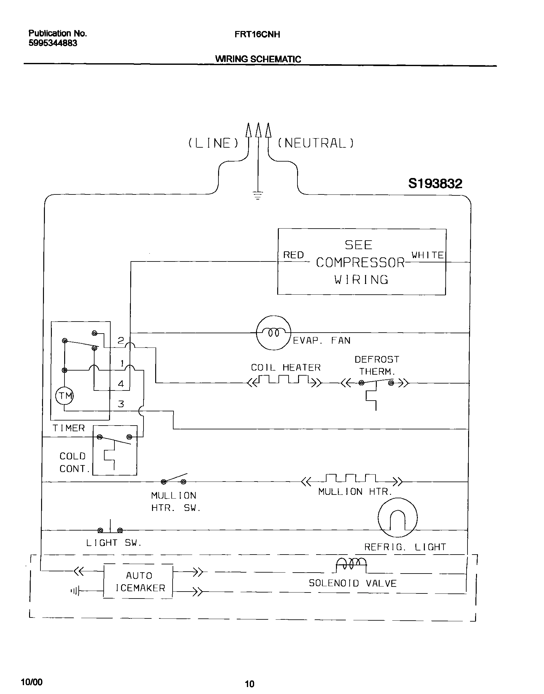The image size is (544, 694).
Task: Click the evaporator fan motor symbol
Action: [274, 333]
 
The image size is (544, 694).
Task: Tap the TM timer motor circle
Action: [65, 396]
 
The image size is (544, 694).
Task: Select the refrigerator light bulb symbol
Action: [397, 518]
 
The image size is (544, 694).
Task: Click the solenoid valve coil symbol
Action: [351, 565]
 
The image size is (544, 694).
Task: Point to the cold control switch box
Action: [115, 450]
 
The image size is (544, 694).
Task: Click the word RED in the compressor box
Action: [293, 255]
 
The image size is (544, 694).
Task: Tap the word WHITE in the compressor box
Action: [427, 255]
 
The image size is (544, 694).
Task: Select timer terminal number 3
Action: [121, 404]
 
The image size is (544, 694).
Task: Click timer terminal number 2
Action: [121, 341]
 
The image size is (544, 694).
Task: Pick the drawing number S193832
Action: [435, 184]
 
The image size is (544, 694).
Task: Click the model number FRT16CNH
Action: [257, 34]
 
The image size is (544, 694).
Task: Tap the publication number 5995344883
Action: [53, 43]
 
